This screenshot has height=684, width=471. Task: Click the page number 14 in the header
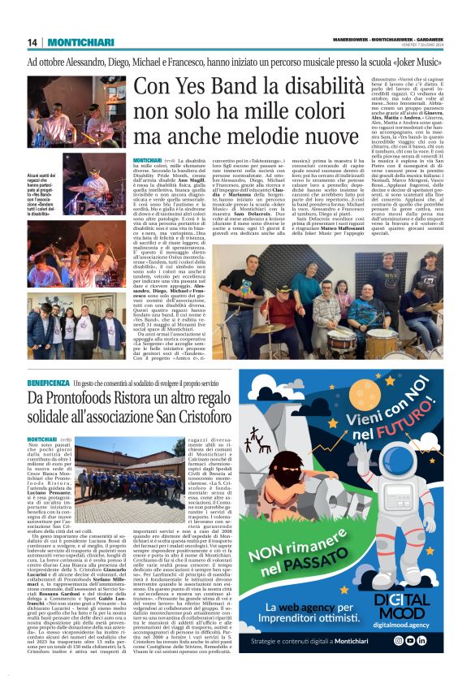click(x=32, y=42)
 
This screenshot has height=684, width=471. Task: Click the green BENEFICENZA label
click(x=49, y=381)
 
